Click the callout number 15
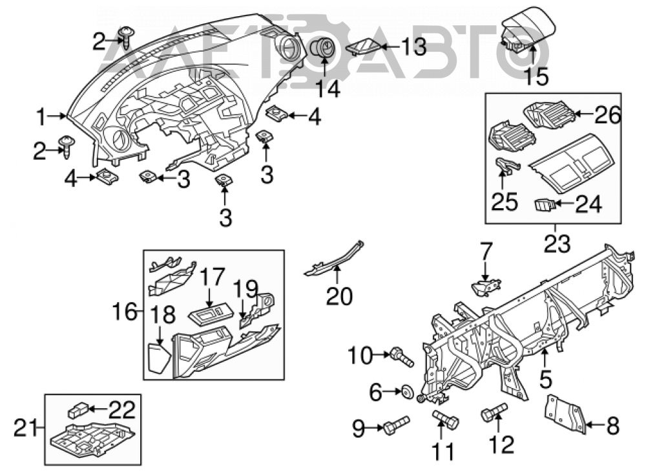[537, 77]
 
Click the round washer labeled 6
[408, 392]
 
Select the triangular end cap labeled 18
[159, 358]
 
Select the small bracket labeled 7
[486, 288]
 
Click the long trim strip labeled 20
[335, 259]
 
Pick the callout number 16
[125, 311]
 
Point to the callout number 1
[41, 116]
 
